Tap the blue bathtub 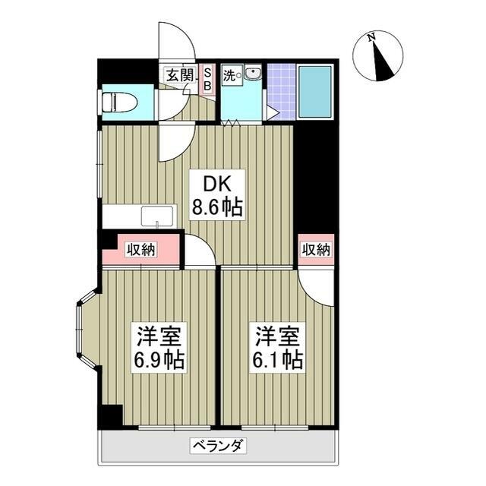pyautogui.click(x=314, y=91)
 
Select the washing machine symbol pyautogui.click(x=252, y=74)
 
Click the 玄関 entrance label pyautogui.click(x=180, y=74)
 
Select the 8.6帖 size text pyautogui.click(x=216, y=207)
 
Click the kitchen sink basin pyautogui.click(x=156, y=216)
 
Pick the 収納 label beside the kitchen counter pyautogui.click(x=141, y=250)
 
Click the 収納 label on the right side pyautogui.click(x=315, y=250)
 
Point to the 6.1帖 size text pyautogui.click(x=278, y=359)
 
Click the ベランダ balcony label pyautogui.click(x=217, y=446)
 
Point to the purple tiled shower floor pyautogui.click(x=281, y=91)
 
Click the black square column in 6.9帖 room pyautogui.click(x=112, y=415)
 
